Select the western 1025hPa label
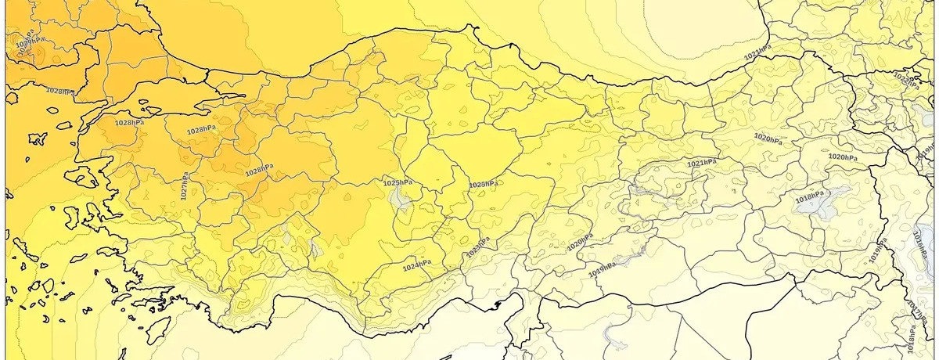click(397, 182)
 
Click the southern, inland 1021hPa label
click(701, 163)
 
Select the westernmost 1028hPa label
click(60, 92)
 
